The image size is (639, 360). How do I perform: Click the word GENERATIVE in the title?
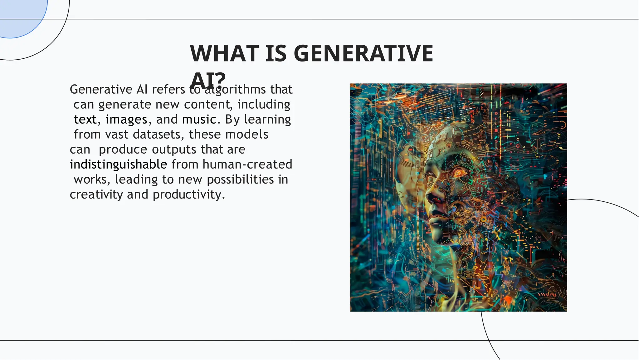coord(363,53)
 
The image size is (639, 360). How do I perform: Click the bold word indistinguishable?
coord(118,165)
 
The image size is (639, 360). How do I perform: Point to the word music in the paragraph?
coord(199,120)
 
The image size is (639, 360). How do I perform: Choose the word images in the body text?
coord(126,120)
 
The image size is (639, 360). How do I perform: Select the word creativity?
coord(96,195)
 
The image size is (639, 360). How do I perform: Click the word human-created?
coord(247,165)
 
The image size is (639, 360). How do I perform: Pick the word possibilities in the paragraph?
coord(240,180)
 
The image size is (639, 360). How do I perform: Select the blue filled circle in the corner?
coord(19,16)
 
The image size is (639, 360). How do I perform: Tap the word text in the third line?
coord(85,120)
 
